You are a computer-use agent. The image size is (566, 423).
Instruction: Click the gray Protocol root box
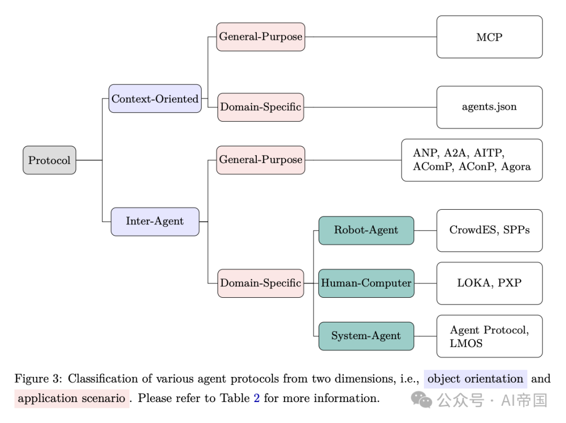(x=49, y=160)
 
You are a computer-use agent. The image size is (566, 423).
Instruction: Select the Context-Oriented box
(x=155, y=99)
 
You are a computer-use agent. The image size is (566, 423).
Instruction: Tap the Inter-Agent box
(x=155, y=221)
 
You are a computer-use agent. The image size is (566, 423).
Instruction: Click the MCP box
(x=489, y=37)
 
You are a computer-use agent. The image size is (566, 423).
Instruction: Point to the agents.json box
(x=489, y=107)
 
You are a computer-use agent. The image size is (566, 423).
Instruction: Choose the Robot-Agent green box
(x=366, y=230)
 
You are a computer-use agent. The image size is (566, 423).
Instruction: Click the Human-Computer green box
(x=366, y=283)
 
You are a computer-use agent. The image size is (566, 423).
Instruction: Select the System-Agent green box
(x=366, y=336)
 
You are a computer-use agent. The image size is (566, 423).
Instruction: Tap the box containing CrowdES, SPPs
(x=489, y=230)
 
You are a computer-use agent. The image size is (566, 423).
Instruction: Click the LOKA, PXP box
(x=489, y=283)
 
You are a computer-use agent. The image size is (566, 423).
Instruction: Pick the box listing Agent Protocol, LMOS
(x=489, y=337)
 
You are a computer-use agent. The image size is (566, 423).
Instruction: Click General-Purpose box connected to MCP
(x=260, y=37)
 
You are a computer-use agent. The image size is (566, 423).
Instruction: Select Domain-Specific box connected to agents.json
(x=260, y=107)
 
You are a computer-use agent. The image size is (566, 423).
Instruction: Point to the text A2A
(x=456, y=153)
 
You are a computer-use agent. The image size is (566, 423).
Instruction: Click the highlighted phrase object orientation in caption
(x=476, y=379)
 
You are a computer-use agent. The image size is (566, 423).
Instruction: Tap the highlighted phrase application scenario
(x=72, y=398)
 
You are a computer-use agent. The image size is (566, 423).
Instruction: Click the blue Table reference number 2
(x=256, y=398)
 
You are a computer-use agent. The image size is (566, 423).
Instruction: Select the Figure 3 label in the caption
(x=37, y=379)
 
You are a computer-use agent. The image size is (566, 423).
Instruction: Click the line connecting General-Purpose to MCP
(x=370, y=37)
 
